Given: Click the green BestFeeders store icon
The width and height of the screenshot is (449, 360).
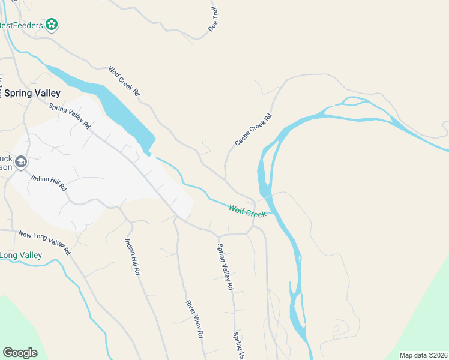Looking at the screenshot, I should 52,25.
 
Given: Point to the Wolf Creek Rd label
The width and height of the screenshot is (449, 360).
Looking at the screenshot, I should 124,81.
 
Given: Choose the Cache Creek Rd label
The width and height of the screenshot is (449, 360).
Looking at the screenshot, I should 253,130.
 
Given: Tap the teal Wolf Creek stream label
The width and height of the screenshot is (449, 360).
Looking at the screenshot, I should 247,211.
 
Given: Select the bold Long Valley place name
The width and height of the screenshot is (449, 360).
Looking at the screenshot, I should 21,256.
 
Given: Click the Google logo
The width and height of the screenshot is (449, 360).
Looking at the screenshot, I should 20,353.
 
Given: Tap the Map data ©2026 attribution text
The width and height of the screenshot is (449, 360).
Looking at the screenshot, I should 423,355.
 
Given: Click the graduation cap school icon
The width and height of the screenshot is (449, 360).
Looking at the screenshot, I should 21,161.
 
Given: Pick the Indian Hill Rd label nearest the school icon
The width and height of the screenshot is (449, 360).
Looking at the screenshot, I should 49,183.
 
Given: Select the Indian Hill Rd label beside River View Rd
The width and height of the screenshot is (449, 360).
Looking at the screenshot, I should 132,257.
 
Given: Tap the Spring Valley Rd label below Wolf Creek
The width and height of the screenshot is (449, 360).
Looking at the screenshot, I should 224,267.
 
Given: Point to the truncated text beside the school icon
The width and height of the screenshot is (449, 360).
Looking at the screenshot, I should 6,163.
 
